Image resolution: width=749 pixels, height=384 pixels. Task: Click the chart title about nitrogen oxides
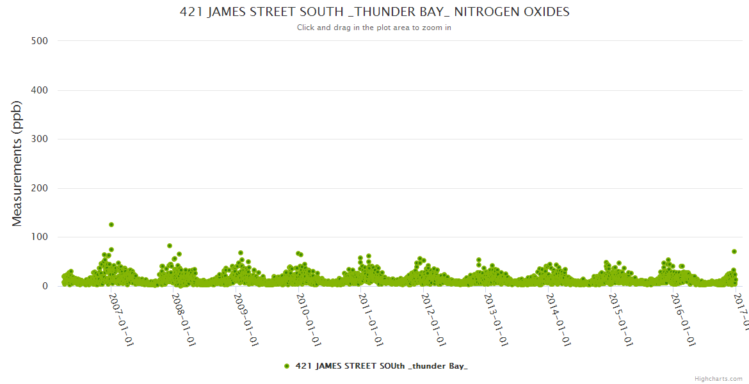(x=374, y=12)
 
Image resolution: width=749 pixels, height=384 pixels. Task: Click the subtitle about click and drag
(x=374, y=28)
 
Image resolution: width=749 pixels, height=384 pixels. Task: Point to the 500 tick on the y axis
(x=40, y=41)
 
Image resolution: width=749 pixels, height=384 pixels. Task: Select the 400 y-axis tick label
(x=40, y=90)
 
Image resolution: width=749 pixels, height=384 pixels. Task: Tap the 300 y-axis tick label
(x=40, y=139)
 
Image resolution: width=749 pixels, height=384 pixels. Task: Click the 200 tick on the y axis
(x=40, y=188)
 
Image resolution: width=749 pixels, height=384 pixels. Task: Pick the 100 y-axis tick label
(x=40, y=237)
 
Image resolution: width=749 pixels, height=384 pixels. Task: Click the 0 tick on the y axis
(x=45, y=286)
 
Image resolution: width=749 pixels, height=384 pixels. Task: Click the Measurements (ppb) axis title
(x=17, y=164)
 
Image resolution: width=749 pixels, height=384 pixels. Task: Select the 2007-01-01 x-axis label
(x=122, y=319)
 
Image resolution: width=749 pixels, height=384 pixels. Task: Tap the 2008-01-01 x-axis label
(x=184, y=319)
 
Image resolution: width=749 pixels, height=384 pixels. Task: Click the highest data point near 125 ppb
(x=111, y=225)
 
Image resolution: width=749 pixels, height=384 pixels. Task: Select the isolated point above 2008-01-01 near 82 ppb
(x=170, y=246)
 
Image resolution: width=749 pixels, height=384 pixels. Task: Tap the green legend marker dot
(x=287, y=366)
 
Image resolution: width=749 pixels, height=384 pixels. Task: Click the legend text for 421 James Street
(x=382, y=366)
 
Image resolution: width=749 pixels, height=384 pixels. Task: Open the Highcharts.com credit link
(x=718, y=378)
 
